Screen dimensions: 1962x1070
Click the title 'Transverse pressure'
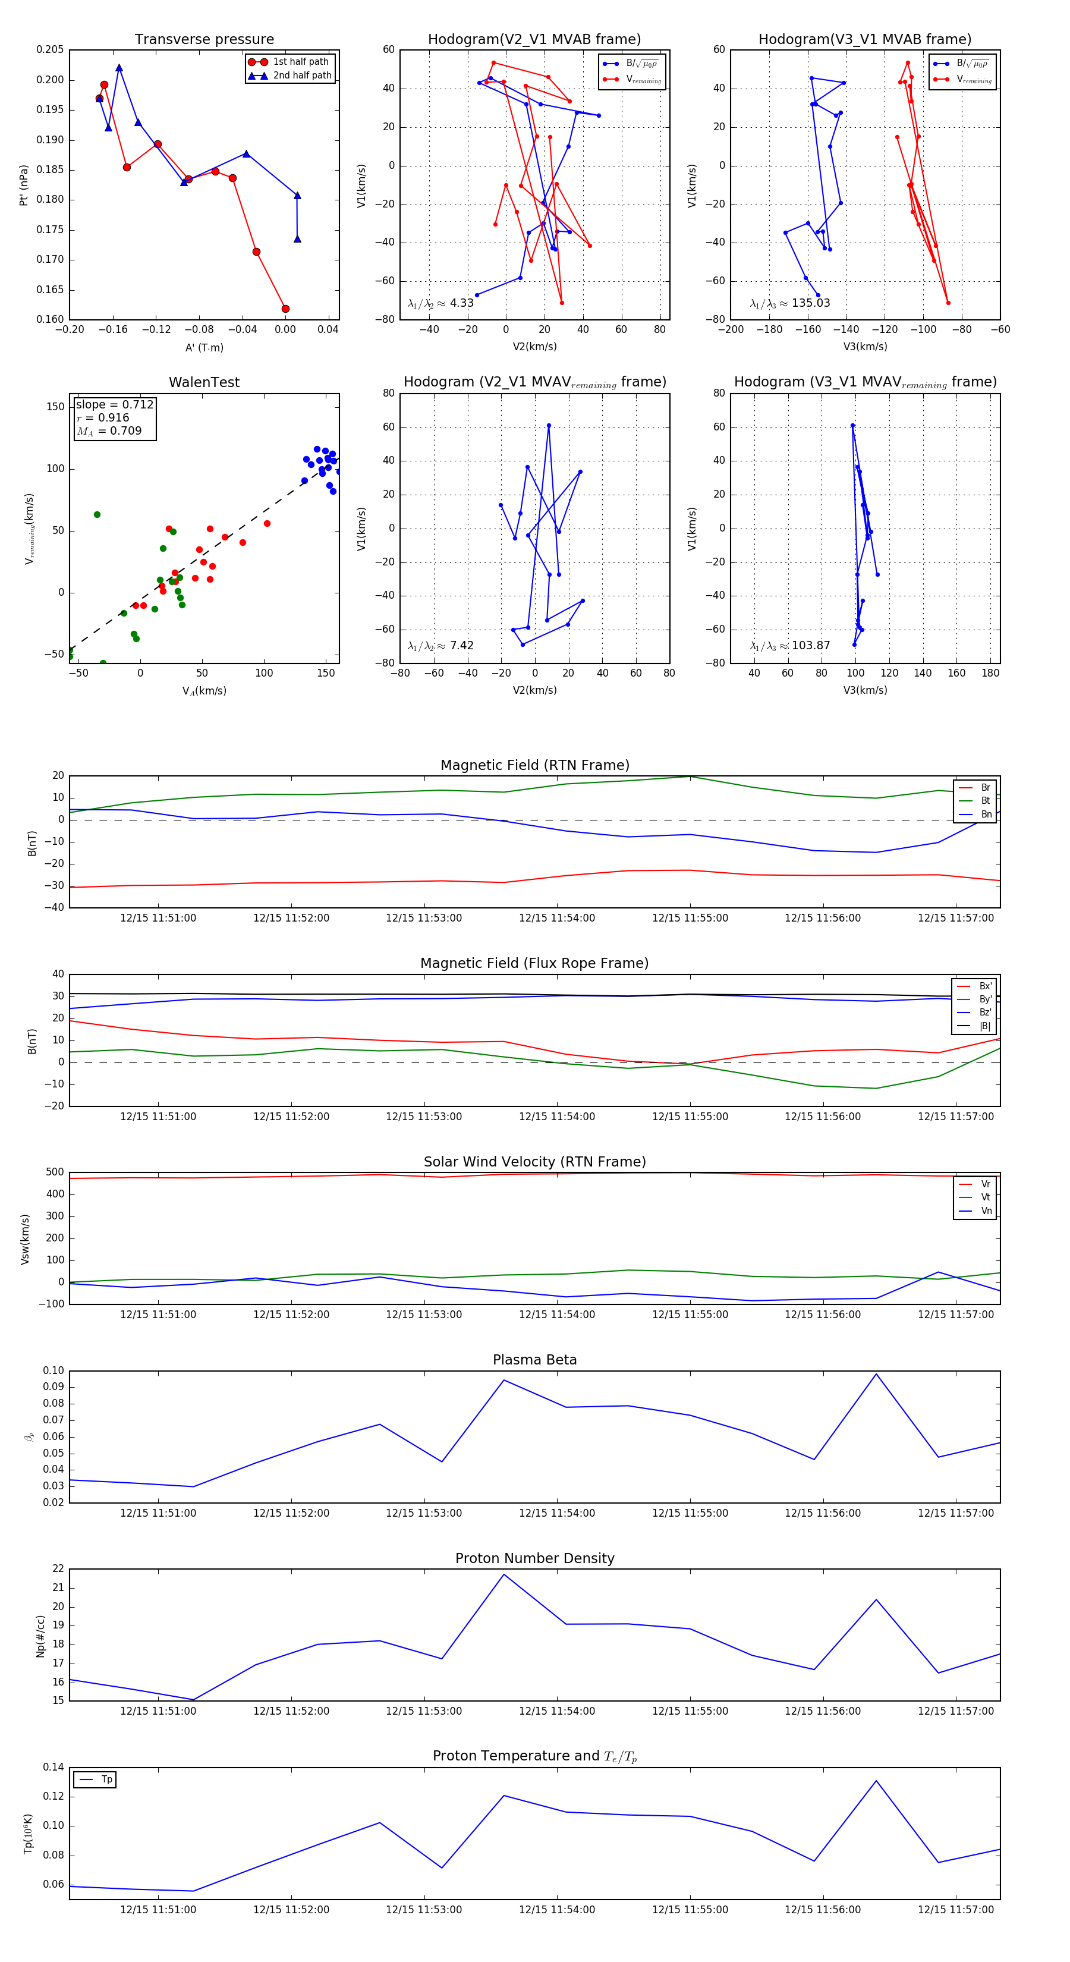[x=204, y=40]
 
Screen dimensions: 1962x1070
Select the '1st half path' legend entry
[x=300, y=62]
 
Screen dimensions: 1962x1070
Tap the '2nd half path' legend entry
[x=301, y=76]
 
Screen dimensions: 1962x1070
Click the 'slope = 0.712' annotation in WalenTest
[x=114, y=404]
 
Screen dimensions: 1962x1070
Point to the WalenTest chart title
[x=204, y=382]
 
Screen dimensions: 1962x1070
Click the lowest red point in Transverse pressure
[x=285, y=309]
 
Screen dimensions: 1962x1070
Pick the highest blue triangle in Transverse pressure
[x=119, y=68]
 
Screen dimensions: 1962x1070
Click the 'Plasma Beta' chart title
[x=534, y=1360]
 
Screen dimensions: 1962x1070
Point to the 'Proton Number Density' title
[x=534, y=1558]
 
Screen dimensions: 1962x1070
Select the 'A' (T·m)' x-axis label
[x=204, y=347]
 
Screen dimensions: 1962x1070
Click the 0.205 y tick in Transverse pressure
[x=51, y=49]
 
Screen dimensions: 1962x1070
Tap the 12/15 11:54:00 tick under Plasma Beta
[x=557, y=1513]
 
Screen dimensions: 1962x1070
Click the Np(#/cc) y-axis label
[x=40, y=1636]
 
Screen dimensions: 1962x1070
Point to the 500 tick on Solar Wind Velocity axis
[x=55, y=1172]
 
